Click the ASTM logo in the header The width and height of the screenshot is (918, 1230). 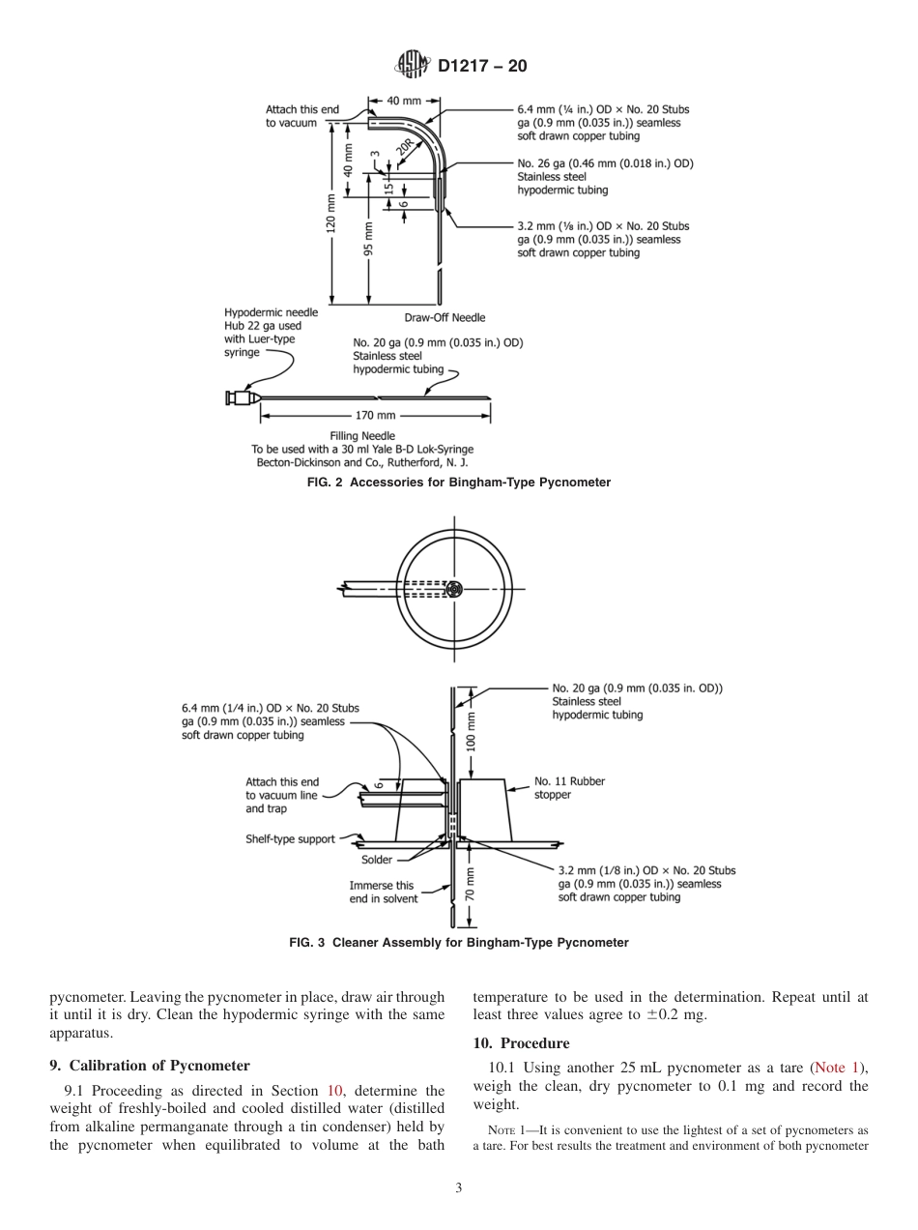click(414, 66)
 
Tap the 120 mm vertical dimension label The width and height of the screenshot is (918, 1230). click(331, 224)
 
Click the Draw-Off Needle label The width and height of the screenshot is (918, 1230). click(445, 317)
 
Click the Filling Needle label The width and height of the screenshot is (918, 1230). click(362, 436)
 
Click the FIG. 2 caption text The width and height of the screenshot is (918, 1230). click(458, 482)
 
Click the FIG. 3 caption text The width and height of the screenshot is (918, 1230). click(458, 942)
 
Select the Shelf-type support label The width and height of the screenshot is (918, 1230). click(290, 839)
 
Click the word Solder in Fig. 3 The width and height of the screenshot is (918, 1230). click(377, 860)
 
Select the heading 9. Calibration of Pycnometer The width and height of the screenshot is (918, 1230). click(150, 1066)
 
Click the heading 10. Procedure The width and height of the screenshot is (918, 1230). click(521, 1043)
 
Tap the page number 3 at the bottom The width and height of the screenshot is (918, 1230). click(458, 1188)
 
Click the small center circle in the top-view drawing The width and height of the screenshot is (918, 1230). click(455, 588)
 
